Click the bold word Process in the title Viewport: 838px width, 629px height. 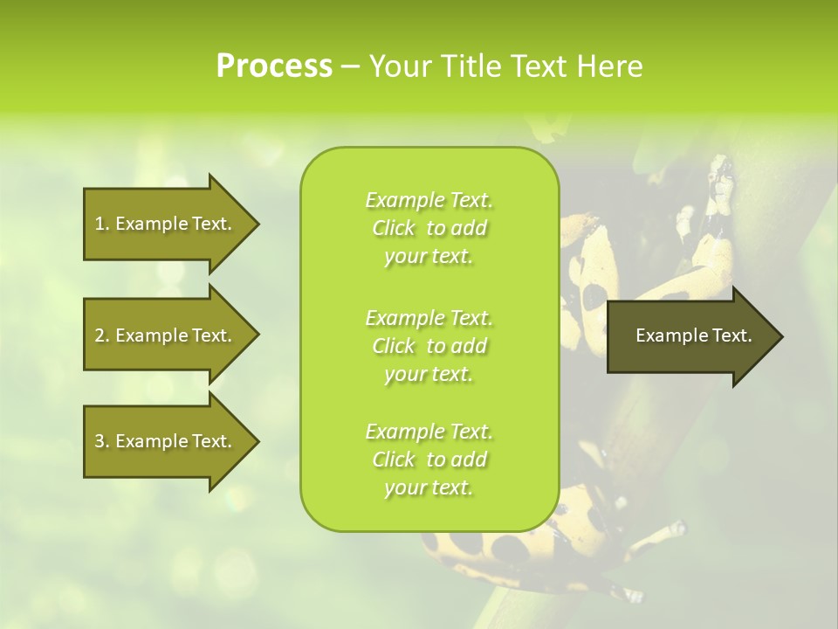[274, 66]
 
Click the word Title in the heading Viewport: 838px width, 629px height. [471, 66]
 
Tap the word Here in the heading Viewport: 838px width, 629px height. [609, 66]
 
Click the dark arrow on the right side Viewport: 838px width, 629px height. [690, 335]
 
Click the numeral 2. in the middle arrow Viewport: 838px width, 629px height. [101, 335]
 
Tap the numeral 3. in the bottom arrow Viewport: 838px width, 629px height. [101, 441]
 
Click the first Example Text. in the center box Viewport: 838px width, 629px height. [429, 200]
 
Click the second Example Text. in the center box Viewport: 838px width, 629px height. [429, 317]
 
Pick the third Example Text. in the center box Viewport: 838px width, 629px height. [429, 432]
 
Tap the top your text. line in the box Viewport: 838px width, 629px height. [429, 257]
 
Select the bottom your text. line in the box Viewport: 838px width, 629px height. [429, 488]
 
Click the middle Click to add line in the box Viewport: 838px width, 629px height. [429, 346]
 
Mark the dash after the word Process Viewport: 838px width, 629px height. [350, 67]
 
